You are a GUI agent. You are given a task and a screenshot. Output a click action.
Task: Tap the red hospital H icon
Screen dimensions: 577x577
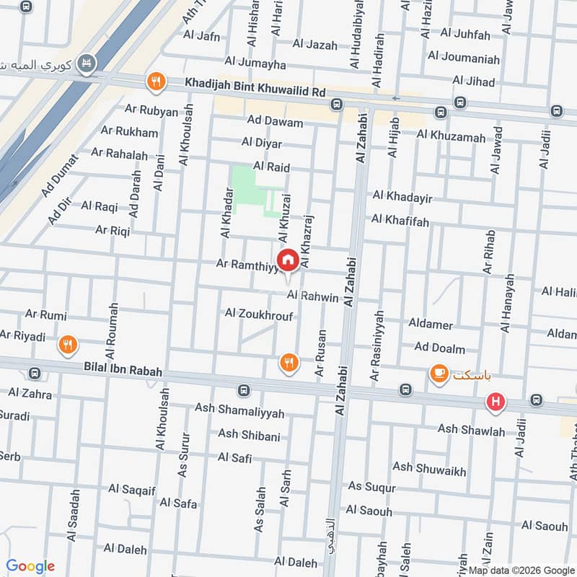click(495, 402)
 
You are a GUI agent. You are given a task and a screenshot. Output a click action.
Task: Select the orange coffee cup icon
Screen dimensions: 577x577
click(438, 374)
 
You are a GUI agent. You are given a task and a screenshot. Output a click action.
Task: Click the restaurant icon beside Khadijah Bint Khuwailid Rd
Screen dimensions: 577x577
click(155, 82)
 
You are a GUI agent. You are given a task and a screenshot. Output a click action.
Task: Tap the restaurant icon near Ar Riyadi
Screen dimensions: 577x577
click(68, 345)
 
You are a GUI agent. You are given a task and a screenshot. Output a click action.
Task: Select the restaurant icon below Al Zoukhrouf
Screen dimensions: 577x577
click(288, 362)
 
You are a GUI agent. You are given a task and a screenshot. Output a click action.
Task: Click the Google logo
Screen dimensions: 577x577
click(31, 566)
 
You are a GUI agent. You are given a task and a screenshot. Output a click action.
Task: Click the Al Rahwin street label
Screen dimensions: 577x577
click(312, 296)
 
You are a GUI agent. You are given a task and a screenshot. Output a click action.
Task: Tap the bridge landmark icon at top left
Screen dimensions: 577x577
click(88, 63)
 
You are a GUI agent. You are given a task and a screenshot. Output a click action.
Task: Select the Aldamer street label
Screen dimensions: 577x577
click(431, 325)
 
